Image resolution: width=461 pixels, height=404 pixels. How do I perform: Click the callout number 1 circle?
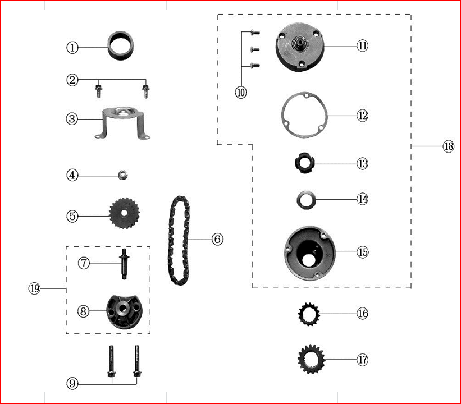coord(72,48)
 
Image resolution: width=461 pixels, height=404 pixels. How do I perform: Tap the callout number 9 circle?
coord(72,384)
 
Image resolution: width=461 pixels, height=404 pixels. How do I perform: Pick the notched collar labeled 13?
coord(304,163)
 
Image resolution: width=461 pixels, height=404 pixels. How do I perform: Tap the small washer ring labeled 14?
coord(305,199)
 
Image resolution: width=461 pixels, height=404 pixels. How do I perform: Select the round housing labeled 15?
coord(309,252)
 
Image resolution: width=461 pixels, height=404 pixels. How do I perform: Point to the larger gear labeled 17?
coord(309,359)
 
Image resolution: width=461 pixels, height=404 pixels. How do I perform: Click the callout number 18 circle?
coord(448,146)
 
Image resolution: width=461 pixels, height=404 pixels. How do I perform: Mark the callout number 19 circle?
coord(34,288)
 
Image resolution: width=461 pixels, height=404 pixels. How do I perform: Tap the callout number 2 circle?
coord(72,80)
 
